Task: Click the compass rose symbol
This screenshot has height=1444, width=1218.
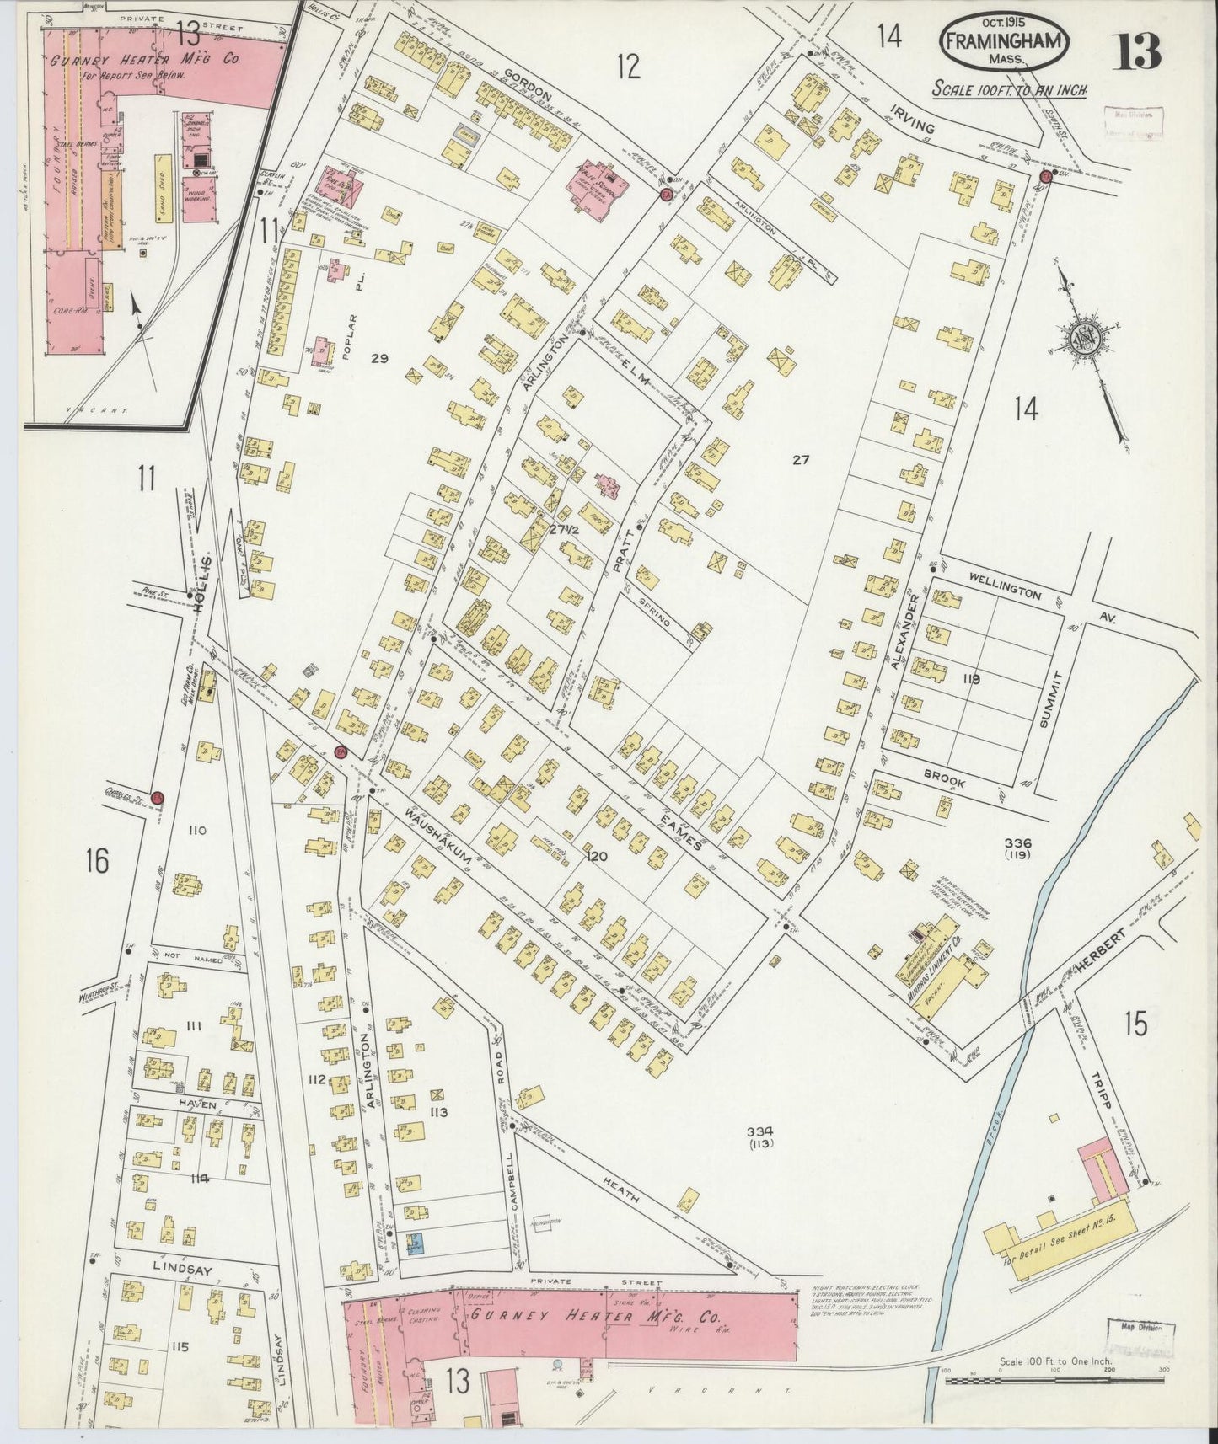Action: coord(1082,339)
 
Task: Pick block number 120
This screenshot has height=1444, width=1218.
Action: coord(597,856)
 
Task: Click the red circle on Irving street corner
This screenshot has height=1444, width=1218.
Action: coord(1045,176)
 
